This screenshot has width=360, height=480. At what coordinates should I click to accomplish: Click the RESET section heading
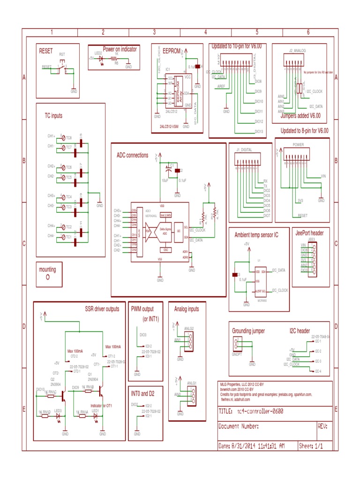click(46, 50)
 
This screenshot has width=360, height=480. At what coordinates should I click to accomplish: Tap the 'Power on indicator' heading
click(120, 48)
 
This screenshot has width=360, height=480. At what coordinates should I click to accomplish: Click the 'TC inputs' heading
click(53, 115)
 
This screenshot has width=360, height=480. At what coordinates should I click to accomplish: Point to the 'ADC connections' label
click(132, 155)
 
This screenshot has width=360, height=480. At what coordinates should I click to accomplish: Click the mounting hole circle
click(48, 277)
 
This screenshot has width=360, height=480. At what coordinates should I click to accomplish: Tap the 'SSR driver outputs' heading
click(102, 309)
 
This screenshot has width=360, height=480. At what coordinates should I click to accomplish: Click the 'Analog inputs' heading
click(187, 309)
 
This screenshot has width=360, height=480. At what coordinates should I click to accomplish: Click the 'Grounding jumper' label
click(248, 331)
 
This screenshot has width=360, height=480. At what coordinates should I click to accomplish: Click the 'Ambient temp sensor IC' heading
click(256, 235)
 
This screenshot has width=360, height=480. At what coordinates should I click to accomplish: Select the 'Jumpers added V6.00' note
click(300, 115)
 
